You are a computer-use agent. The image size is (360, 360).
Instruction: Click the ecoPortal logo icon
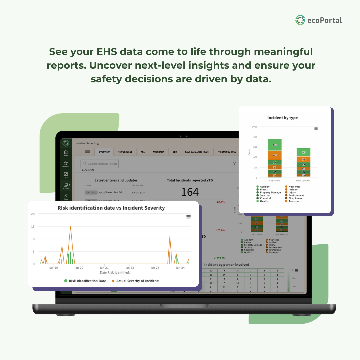300,20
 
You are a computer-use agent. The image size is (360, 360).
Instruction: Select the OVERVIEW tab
104,152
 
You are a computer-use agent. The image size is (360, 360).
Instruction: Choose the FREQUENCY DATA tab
227,152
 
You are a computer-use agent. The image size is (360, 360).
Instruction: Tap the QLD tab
175,152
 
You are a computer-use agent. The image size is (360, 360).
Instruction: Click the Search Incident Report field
100,164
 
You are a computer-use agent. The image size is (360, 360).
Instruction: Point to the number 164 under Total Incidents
190,192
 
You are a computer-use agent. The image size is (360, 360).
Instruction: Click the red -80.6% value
220,202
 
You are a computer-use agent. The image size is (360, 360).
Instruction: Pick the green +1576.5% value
219,258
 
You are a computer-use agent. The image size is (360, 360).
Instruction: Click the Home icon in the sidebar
66,153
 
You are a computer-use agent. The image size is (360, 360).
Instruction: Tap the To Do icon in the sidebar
66,175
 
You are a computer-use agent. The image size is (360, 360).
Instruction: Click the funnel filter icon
234,164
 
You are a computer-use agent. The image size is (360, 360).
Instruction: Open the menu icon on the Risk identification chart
188,217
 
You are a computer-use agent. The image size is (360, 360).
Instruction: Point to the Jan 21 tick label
104,268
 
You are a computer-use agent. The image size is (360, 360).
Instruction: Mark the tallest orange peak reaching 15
70,227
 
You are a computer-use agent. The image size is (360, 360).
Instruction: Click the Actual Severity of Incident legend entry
135,281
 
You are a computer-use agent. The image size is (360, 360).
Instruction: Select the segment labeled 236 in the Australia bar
275,145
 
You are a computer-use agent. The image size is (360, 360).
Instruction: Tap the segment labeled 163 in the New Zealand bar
303,152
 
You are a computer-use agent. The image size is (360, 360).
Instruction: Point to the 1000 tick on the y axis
255,127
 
